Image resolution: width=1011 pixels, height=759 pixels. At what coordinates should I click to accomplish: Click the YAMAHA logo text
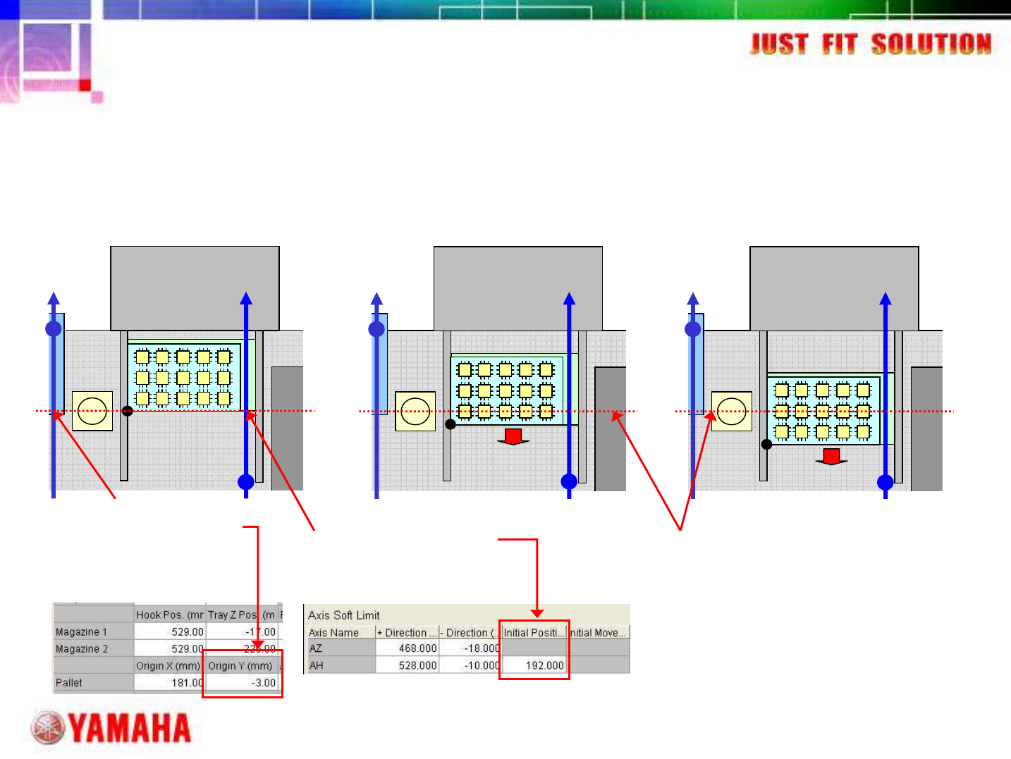[x=130, y=728]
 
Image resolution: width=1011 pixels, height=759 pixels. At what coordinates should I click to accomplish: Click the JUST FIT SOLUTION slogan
[x=871, y=44]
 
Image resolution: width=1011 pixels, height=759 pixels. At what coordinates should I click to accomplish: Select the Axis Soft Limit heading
[x=343, y=615]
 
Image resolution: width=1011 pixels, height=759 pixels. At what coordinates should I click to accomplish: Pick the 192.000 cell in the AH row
[x=544, y=665]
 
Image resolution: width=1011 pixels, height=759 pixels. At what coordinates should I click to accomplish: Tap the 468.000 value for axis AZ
[x=417, y=648]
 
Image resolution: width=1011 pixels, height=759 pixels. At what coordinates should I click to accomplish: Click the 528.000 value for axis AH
[x=417, y=665]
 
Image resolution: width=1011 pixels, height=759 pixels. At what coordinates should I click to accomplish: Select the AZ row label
[x=316, y=648]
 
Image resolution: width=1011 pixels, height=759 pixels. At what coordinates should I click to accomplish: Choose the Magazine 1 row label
[x=81, y=632]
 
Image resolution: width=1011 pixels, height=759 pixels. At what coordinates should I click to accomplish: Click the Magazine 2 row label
[x=82, y=649]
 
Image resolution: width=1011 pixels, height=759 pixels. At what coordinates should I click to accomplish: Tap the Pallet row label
[x=69, y=683]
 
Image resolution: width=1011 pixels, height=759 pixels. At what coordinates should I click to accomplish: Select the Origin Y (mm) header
[x=240, y=666]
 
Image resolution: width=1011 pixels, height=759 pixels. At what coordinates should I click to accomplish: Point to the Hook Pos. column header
[x=169, y=615]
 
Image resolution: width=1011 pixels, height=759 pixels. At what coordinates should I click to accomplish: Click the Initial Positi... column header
[x=534, y=633]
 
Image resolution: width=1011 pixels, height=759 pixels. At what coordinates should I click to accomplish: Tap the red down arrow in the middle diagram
[x=513, y=437]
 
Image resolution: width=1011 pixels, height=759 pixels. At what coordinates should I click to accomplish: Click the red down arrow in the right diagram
[x=831, y=457]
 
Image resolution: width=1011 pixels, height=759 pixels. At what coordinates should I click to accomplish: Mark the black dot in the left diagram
[x=128, y=411]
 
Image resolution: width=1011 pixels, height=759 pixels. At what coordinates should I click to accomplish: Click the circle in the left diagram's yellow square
[x=92, y=412]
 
